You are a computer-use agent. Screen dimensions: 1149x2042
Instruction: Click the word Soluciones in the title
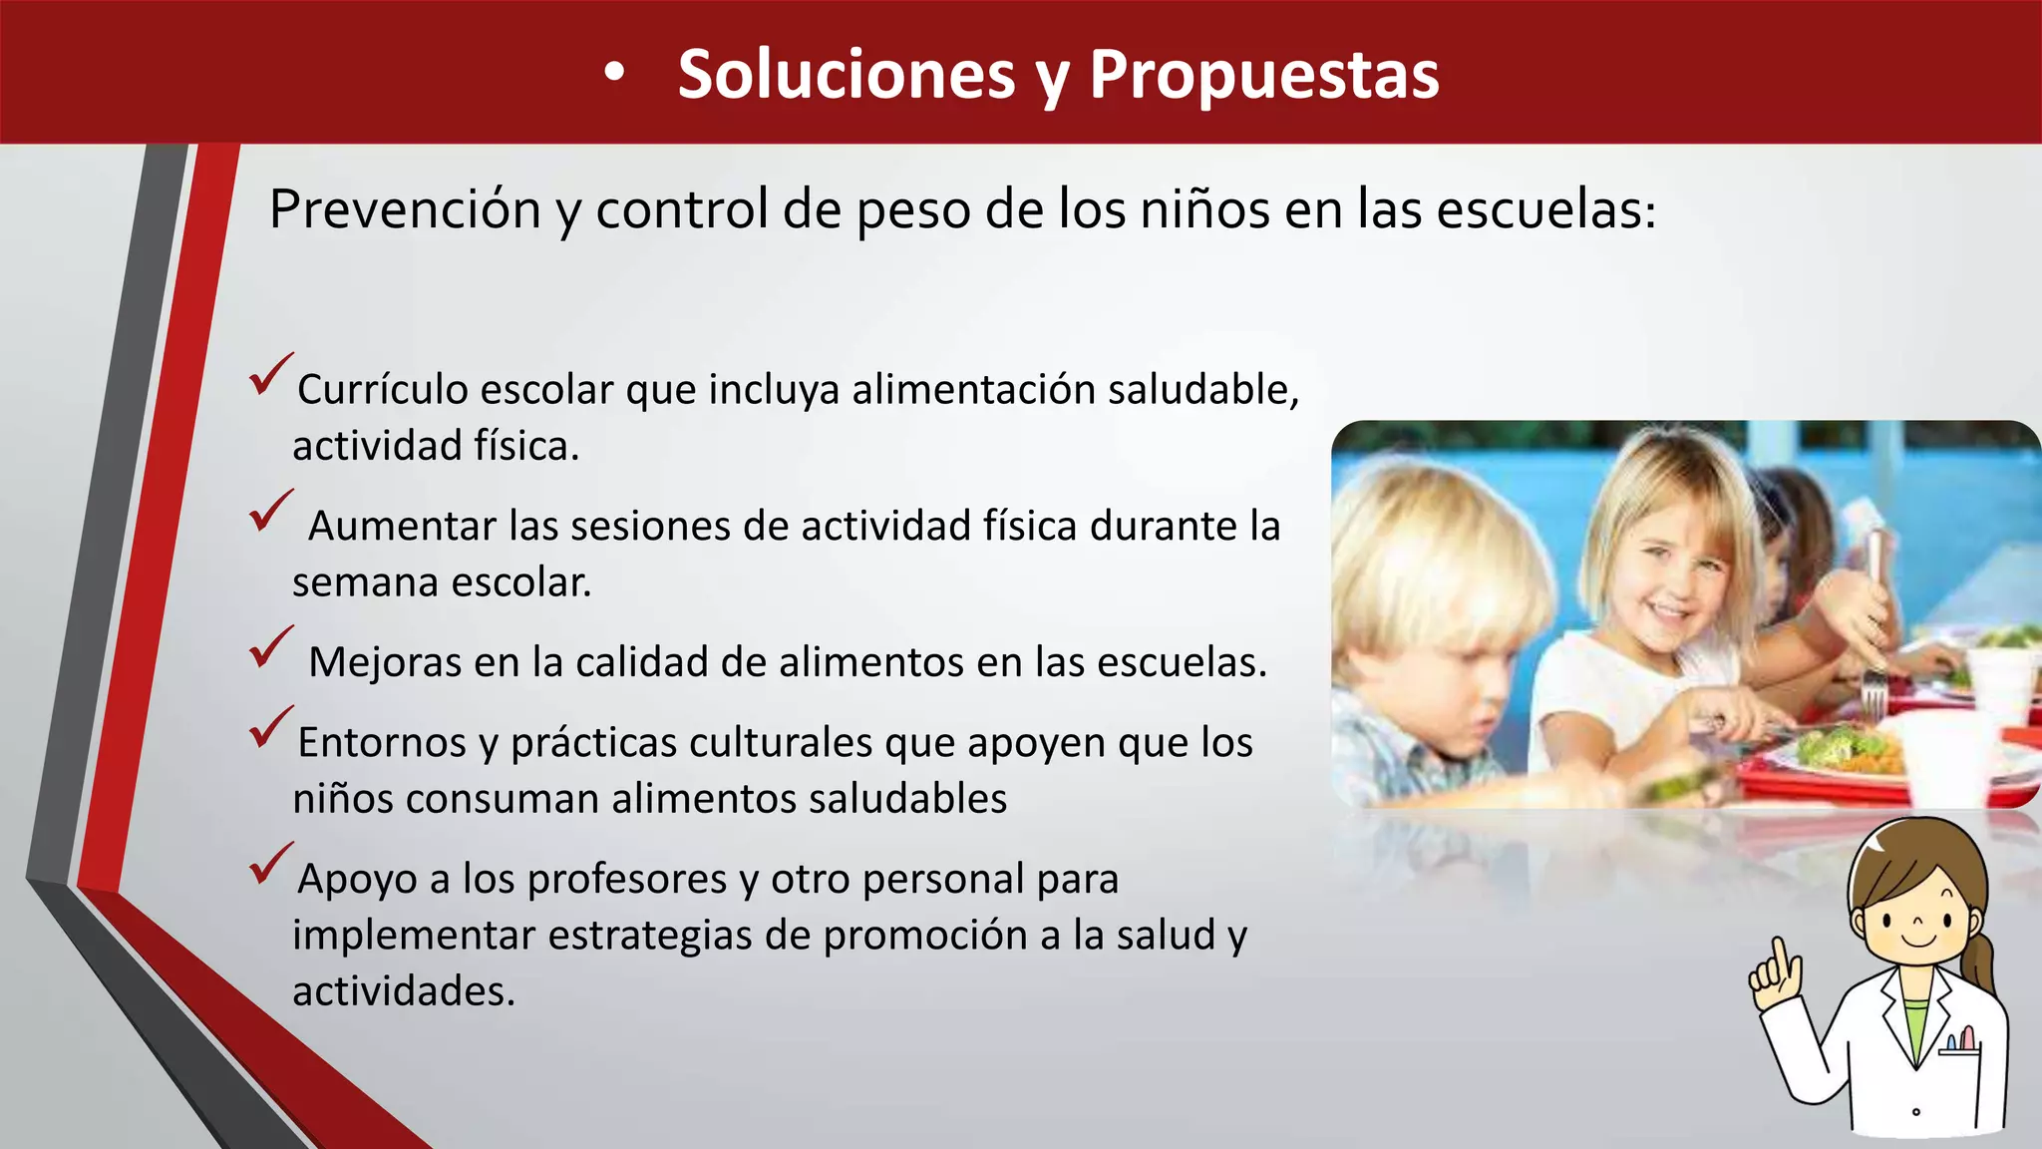click(x=846, y=75)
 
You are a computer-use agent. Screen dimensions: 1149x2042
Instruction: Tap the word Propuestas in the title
click(x=1263, y=75)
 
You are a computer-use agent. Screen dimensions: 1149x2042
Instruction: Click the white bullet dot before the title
click(x=614, y=73)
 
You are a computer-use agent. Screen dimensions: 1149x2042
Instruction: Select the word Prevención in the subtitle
click(x=405, y=210)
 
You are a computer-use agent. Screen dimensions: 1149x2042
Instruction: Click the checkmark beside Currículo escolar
click(x=270, y=374)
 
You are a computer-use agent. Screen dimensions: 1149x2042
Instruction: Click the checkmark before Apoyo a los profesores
click(x=270, y=863)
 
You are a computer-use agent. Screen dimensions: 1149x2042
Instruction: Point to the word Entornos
click(x=382, y=743)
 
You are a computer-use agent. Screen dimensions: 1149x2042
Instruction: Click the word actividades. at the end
click(x=404, y=991)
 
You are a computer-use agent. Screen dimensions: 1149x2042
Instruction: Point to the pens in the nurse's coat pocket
click(x=1960, y=1040)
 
